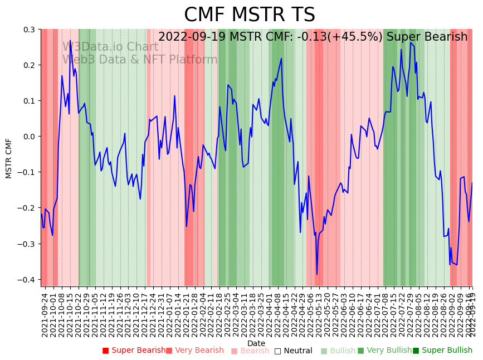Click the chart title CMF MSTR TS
249,15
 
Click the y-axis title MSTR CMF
9,158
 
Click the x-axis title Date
256,343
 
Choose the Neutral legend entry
293,351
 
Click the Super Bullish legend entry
442,351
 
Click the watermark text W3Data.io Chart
110,47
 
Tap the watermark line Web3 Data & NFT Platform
140,60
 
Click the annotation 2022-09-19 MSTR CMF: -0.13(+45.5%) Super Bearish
313,37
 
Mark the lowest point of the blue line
317,274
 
